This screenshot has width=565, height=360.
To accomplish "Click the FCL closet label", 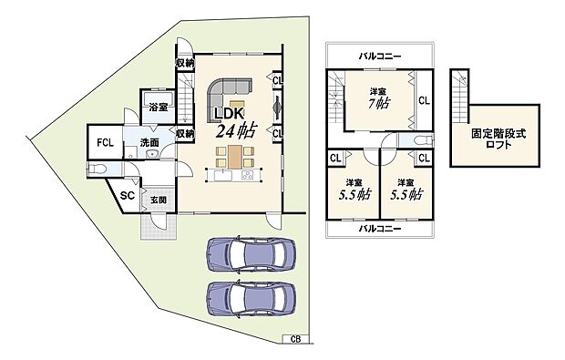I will point(106,141).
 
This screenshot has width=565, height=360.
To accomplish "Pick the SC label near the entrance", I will point(128,194).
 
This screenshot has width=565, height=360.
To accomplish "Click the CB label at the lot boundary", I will point(295,339).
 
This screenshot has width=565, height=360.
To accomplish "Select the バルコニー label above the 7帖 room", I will point(377,56).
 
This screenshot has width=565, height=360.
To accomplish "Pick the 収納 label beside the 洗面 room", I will point(185,133).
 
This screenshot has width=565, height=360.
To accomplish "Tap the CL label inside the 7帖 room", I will point(423,100).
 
